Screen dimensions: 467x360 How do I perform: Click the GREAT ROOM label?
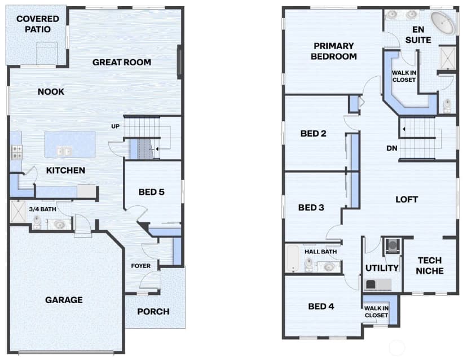coord(121,62)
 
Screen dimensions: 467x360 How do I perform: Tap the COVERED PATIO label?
coord(38,24)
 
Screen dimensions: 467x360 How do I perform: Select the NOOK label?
coord(51,92)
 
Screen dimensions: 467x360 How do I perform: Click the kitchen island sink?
coord(64,151)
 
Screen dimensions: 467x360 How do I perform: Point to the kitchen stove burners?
coord(17,152)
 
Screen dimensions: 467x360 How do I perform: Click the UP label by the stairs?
coord(115,126)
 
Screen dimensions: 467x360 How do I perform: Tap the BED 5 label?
coord(151,192)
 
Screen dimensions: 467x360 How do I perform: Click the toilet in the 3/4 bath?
coord(37,222)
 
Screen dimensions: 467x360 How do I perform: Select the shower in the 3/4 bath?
coord(18,212)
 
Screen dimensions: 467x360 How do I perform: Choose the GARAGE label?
coord(64,300)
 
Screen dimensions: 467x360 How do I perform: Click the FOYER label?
coord(140,266)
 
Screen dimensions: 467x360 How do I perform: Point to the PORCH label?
coord(153,311)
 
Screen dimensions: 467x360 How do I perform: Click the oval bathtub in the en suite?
coord(443,23)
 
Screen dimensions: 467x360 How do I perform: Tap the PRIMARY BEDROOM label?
coord(333,51)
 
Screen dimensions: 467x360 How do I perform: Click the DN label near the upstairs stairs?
coord(391,148)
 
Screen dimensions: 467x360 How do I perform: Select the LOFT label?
coord(407,199)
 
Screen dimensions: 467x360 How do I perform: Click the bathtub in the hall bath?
coord(293,258)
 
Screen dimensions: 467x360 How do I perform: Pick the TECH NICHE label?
coord(429,266)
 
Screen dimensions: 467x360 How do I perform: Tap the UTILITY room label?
coord(382,268)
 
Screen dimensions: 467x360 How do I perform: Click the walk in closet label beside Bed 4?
coord(376,311)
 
